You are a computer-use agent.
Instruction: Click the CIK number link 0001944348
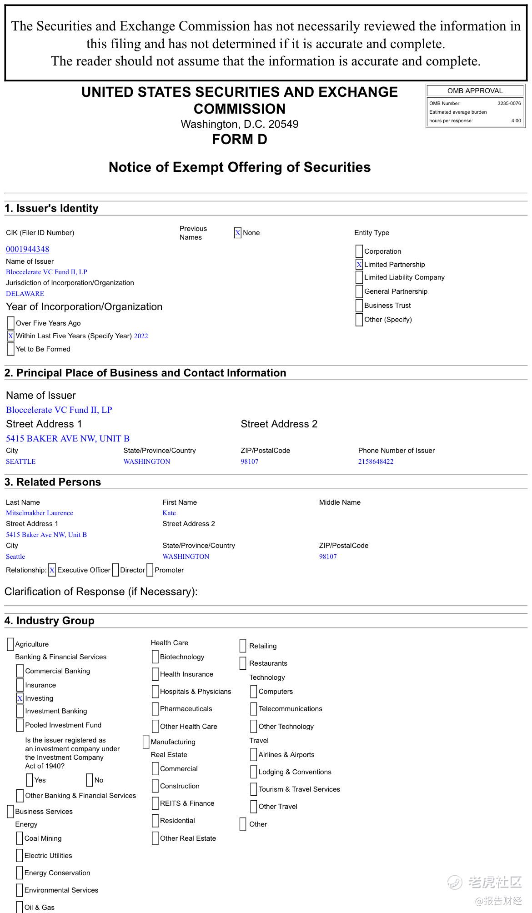click(27, 249)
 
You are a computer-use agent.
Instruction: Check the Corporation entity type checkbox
click(359, 251)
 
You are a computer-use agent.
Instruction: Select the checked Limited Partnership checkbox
click(359, 265)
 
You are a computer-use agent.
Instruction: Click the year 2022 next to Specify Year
click(141, 336)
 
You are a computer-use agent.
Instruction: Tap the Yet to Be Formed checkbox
click(10, 349)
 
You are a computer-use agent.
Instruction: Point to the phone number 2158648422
click(376, 462)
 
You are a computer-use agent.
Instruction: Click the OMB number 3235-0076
click(509, 104)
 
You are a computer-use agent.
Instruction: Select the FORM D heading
click(240, 140)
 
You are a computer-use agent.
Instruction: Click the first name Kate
click(169, 513)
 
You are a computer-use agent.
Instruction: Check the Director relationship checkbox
click(115, 570)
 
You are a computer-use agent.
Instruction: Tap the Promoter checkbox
click(150, 570)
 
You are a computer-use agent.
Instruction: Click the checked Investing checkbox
click(20, 698)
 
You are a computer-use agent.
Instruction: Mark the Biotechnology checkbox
click(155, 657)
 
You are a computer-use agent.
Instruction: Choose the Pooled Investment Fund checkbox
click(20, 725)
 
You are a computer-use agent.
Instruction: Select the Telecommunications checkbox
click(254, 709)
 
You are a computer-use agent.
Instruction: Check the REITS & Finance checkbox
click(155, 803)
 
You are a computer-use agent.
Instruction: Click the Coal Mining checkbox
click(20, 838)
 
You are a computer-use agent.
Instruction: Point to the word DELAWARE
click(25, 294)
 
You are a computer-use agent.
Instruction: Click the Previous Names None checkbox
click(238, 233)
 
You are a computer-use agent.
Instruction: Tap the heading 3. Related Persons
click(53, 482)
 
